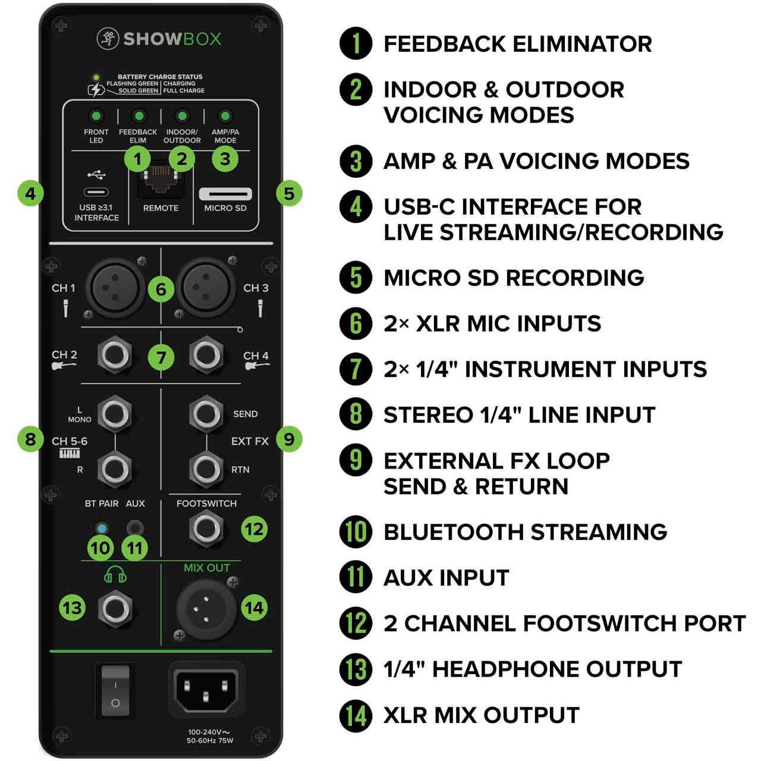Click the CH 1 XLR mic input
(x=115, y=288)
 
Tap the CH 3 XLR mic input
(x=206, y=288)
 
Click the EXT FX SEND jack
(x=206, y=413)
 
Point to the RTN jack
(x=206, y=469)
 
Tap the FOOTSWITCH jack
(x=206, y=529)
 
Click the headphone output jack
(x=115, y=609)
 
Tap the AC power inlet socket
(x=206, y=691)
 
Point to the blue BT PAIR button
(x=102, y=529)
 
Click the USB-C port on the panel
(x=96, y=193)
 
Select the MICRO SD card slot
(x=225, y=194)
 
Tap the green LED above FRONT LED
(x=96, y=116)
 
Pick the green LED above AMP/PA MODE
(x=225, y=116)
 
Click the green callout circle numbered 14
(x=254, y=608)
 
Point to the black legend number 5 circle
(x=356, y=277)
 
